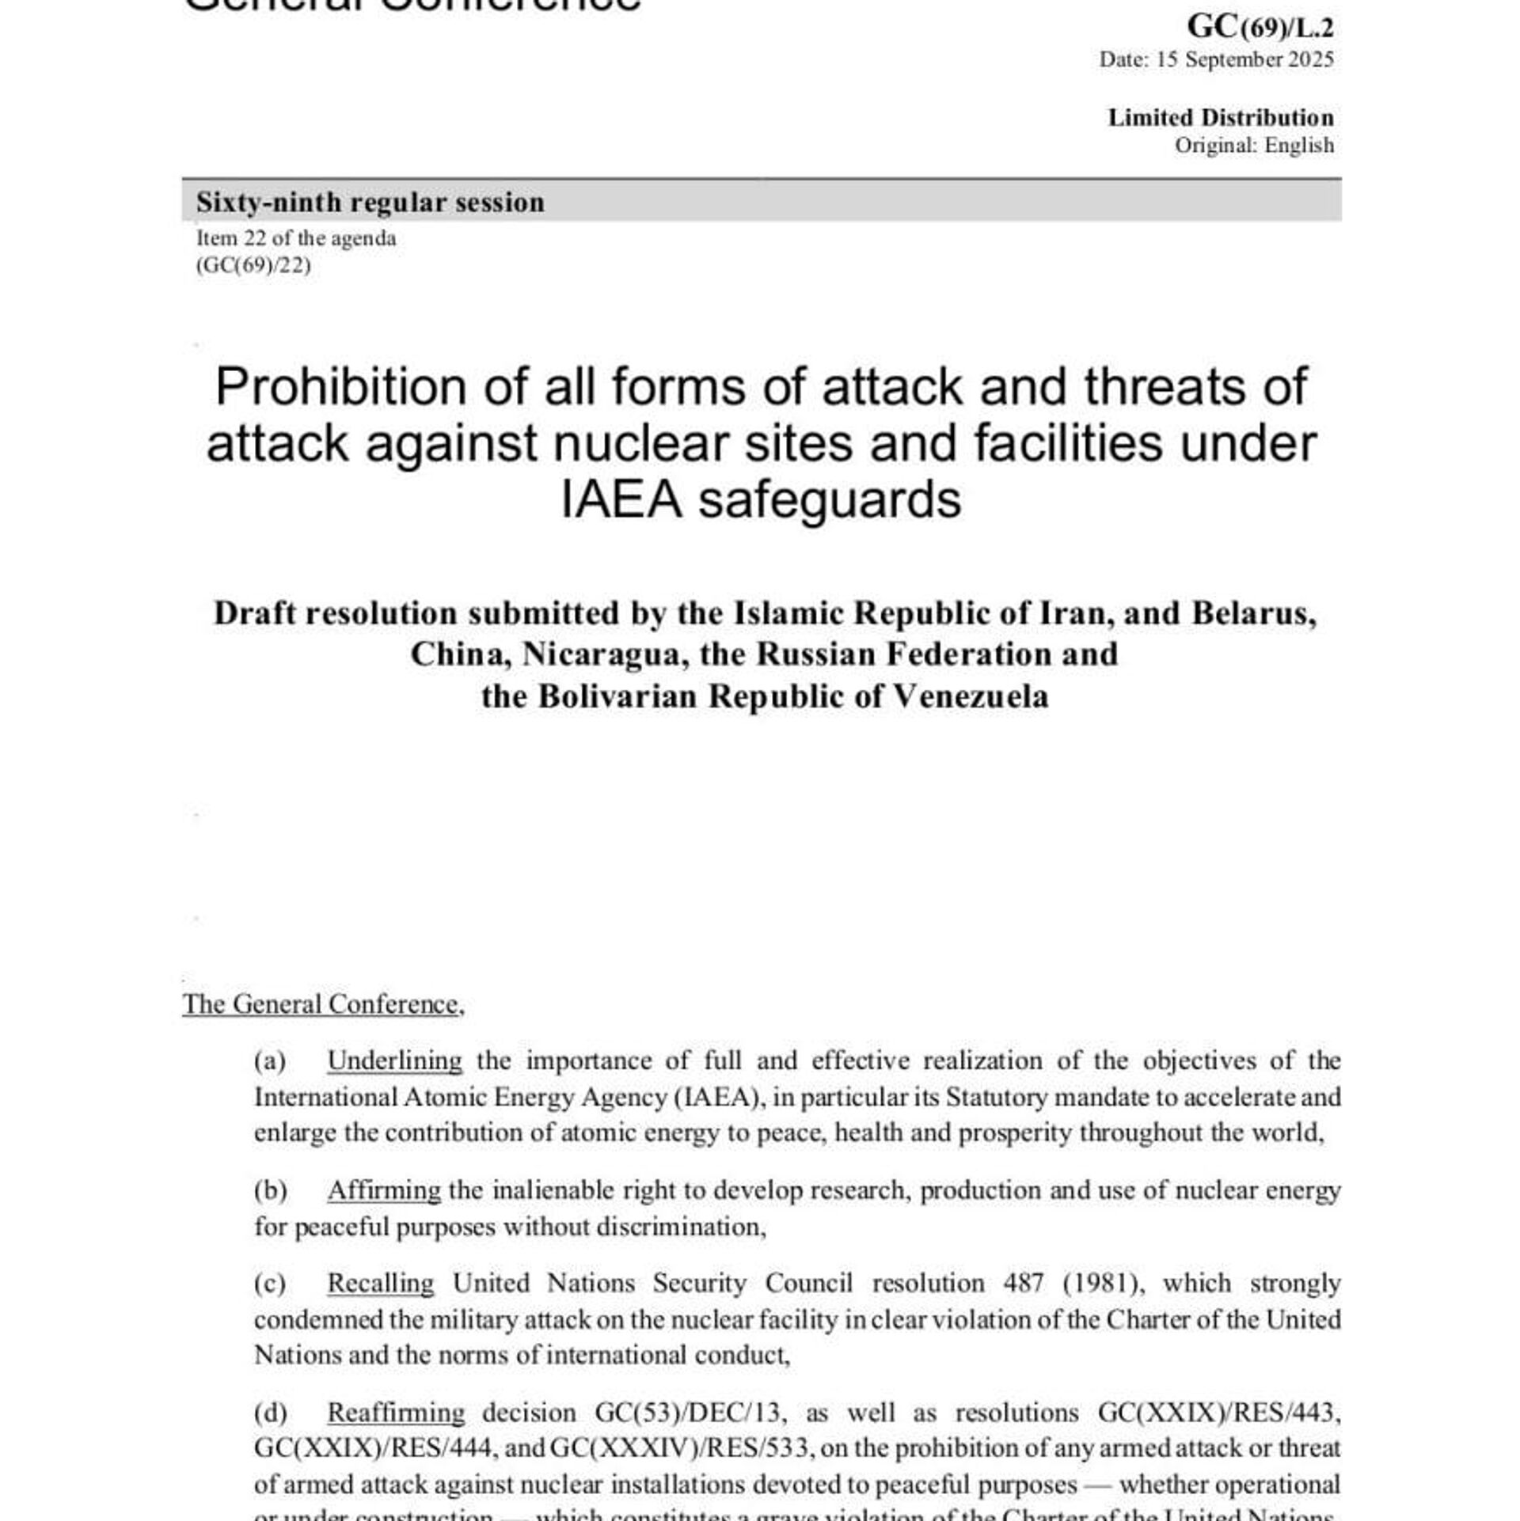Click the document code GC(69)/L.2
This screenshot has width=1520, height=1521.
1260,27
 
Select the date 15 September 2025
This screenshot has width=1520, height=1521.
1244,59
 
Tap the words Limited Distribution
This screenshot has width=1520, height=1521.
1220,117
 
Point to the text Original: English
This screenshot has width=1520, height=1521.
1254,145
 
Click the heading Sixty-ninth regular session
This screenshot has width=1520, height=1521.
370,202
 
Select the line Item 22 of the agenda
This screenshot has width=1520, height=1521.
296,238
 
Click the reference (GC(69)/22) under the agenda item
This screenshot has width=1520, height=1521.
253,265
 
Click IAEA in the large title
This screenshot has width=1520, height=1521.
621,500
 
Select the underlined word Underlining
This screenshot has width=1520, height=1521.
394,1060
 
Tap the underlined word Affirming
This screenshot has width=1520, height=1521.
384,1190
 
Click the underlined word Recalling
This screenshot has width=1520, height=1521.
381,1283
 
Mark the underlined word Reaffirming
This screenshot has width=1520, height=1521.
396,1413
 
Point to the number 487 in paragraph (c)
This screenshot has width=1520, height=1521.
1023,1283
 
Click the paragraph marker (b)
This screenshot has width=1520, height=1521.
270,1190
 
